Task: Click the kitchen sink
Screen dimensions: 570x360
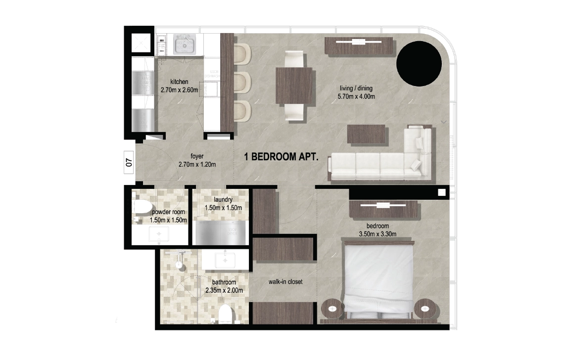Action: click(x=185, y=45)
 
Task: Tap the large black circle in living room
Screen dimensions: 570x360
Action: click(x=419, y=64)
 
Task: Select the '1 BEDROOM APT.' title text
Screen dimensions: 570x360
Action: click(x=282, y=157)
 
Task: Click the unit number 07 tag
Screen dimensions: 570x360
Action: click(x=129, y=162)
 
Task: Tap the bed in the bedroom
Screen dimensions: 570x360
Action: click(x=379, y=280)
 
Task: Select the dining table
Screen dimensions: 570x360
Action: click(x=294, y=86)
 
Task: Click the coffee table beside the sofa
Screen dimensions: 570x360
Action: click(x=366, y=135)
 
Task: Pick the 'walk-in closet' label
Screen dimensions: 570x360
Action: click(x=285, y=281)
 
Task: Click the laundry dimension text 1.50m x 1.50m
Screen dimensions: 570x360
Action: click(x=223, y=208)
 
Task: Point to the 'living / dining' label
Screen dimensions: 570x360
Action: click(x=356, y=88)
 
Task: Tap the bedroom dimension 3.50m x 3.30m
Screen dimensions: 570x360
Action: click(x=378, y=234)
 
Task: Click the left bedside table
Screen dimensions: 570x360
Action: click(x=332, y=309)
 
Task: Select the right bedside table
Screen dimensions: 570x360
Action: click(x=426, y=309)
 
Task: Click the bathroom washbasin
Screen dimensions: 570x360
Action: click(x=226, y=260)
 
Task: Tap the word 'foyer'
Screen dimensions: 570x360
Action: click(x=197, y=156)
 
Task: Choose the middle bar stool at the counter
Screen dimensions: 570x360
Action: click(x=242, y=82)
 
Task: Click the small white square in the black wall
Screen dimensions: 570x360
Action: click(x=442, y=192)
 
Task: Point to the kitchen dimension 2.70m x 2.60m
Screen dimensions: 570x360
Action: click(x=180, y=90)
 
